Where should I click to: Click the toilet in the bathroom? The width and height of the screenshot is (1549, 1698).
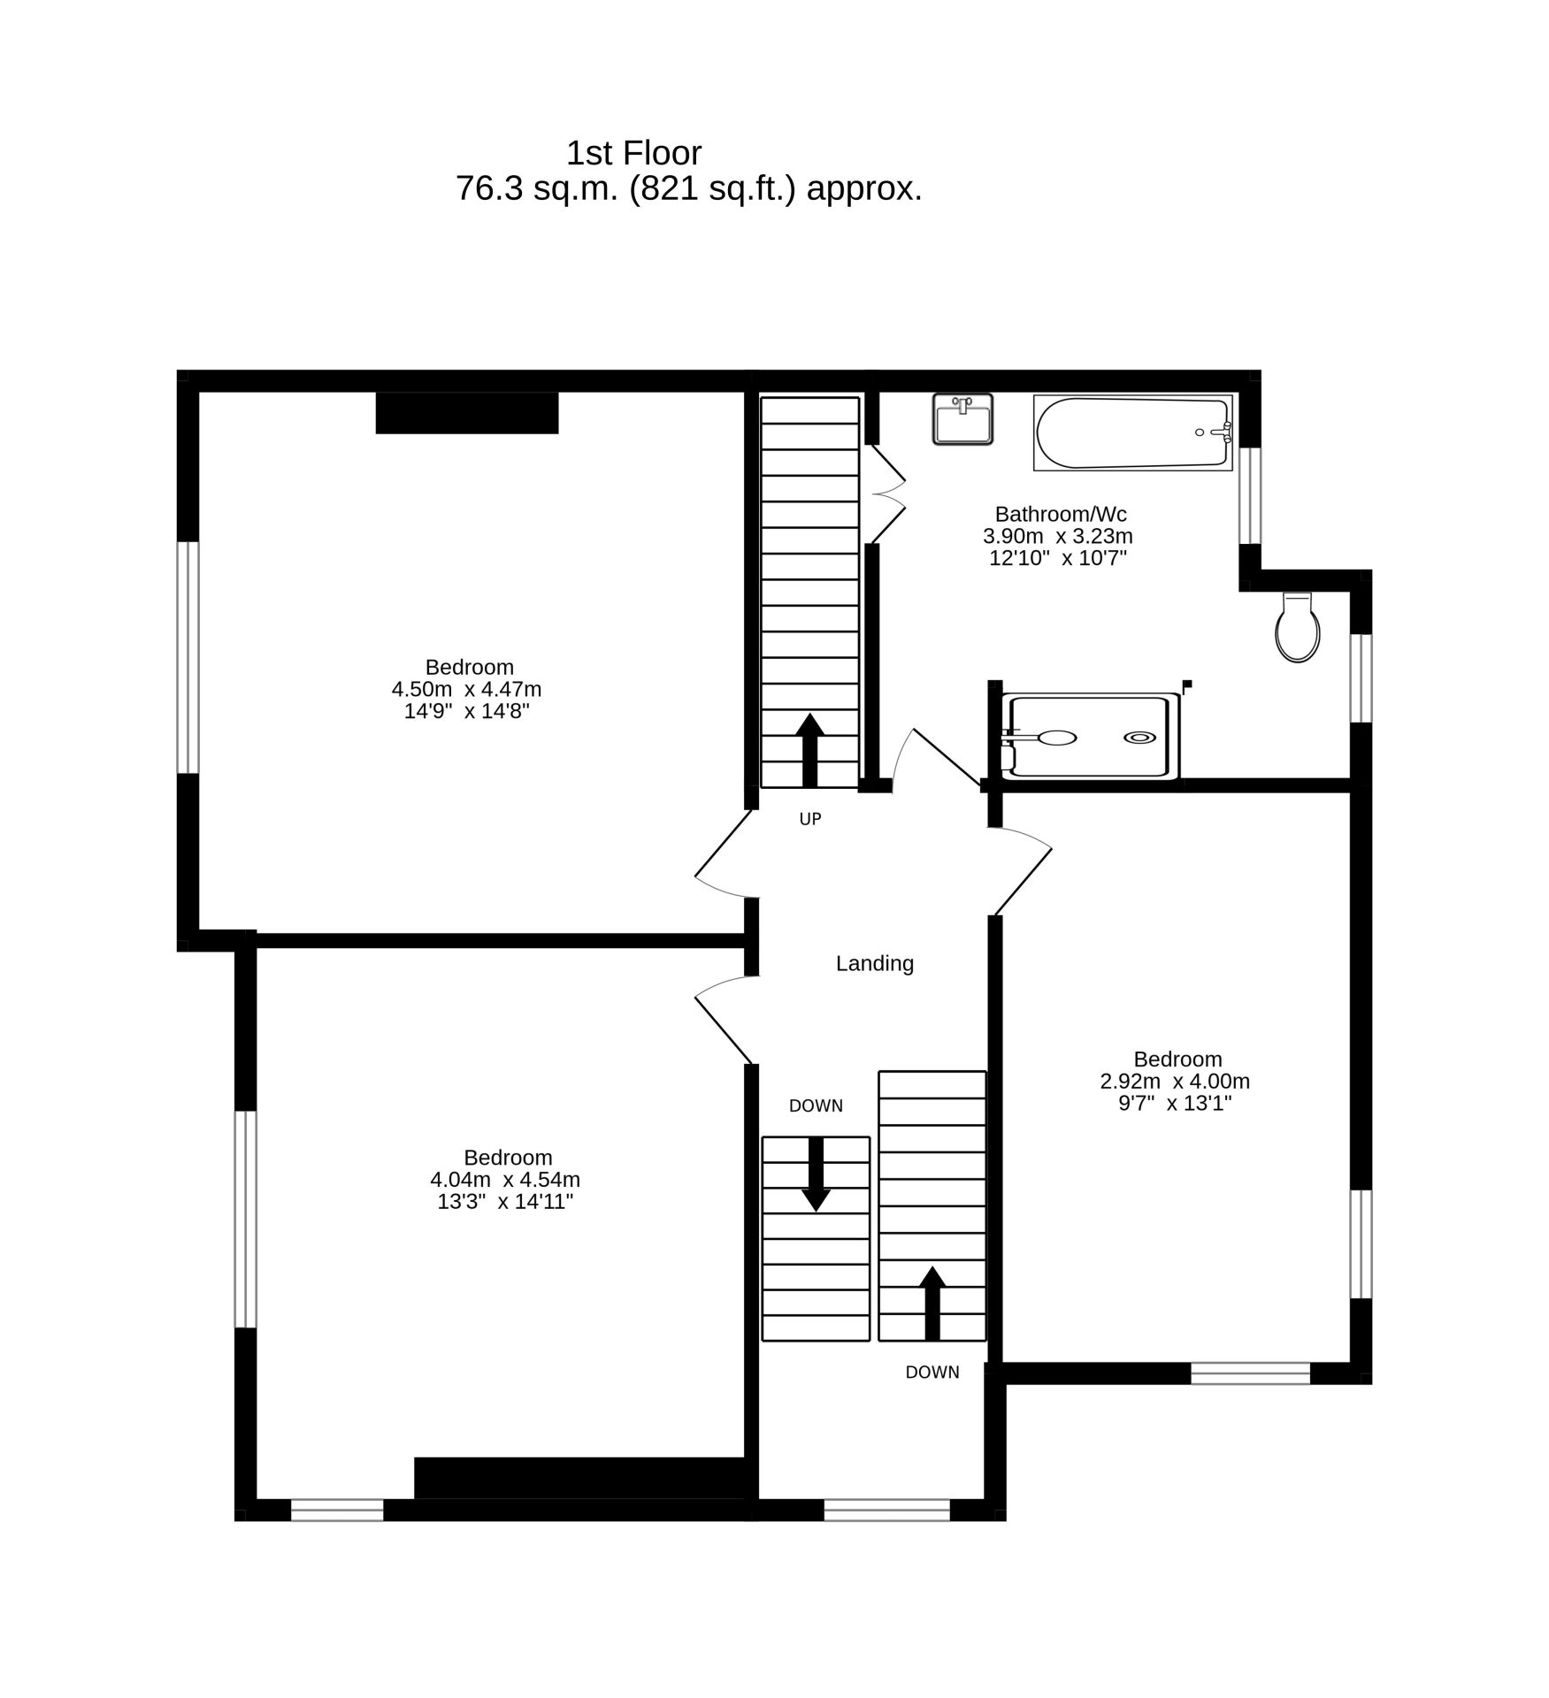pos(1298,628)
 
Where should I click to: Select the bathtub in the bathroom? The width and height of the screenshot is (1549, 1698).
pos(1132,432)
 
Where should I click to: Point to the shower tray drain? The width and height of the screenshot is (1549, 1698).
pos(1139,738)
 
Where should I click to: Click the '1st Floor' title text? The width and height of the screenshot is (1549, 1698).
pos(633,153)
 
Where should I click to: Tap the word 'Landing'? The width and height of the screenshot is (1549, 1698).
pos(875,963)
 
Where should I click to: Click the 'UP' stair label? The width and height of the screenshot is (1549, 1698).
pos(810,819)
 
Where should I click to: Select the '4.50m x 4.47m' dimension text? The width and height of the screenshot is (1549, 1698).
pos(466,689)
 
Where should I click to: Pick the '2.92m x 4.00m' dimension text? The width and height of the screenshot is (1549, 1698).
pos(1175,1081)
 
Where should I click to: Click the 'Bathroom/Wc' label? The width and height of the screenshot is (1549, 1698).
pos(1061,514)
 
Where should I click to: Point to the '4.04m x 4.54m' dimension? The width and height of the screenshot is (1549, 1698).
pos(505,1179)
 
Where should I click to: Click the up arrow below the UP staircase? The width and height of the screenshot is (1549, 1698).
pos(810,750)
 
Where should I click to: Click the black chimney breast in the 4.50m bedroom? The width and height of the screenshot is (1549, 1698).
pos(467,413)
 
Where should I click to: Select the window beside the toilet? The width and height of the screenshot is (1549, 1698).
pos(1361,678)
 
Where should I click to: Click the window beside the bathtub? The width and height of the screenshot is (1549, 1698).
pos(1250,495)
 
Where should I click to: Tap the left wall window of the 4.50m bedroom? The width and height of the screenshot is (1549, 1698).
pos(188,657)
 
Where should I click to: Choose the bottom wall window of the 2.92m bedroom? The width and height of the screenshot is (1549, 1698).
pos(1250,1373)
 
